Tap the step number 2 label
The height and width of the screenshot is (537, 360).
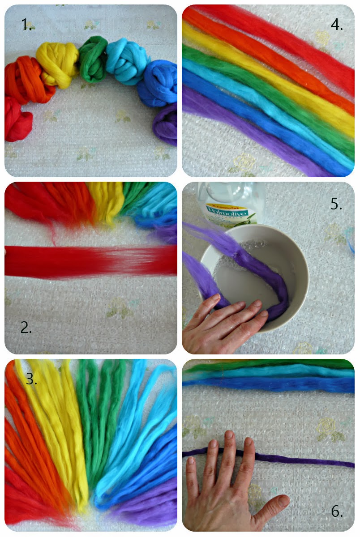(x=26, y=328)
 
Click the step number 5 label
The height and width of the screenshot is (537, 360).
(x=336, y=204)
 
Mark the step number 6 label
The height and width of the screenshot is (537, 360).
(x=336, y=511)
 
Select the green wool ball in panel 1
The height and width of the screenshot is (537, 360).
(x=94, y=59)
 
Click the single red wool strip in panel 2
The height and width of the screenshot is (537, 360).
(x=90, y=261)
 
